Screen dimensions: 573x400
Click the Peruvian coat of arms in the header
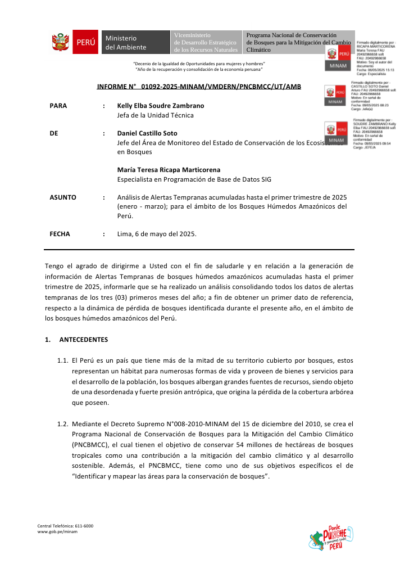click(60, 42)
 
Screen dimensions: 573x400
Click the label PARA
click(58, 106)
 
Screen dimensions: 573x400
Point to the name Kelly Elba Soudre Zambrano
click(161, 106)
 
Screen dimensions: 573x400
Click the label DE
click(54, 133)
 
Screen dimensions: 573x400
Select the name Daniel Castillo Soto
click(147, 133)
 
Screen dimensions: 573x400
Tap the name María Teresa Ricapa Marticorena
click(169, 170)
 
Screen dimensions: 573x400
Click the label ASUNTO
click(63, 197)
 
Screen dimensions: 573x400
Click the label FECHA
click(60, 234)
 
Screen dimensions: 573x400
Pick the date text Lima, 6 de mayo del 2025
click(157, 234)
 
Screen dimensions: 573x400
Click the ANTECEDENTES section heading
click(84, 340)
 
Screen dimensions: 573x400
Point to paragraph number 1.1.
click(63, 360)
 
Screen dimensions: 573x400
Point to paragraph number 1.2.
click(63, 423)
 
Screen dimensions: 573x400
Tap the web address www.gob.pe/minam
click(57, 531)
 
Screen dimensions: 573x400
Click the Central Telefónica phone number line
click(65, 525)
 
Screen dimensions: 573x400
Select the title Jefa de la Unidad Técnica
click(155, 115)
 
